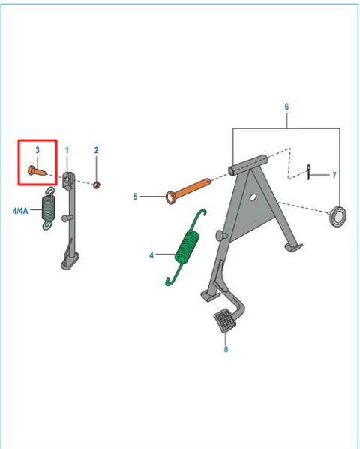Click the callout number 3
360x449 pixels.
coord(37,150)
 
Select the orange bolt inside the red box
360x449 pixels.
coord(37,171)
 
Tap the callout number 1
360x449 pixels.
coord(67,150)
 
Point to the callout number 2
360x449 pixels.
coord(96,150)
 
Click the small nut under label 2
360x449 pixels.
coord(97,185)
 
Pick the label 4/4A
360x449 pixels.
coord(20,211)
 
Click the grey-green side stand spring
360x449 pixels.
coord(49,208)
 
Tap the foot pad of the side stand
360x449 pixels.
coord(70,261)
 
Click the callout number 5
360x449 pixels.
coord(135,197)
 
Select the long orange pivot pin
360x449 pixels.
coord(188,191)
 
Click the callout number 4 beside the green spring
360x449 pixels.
coord(151,255)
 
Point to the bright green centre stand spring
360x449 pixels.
coord(186,247)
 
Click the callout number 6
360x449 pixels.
coord(286,107)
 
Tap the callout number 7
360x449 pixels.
coord(334,175)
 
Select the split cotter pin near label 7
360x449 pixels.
coord(309,172)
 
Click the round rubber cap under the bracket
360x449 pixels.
coord(338,216)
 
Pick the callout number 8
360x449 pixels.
coord(226,349)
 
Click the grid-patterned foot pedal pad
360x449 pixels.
coord(225,321)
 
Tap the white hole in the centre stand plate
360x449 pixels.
coord(253,197)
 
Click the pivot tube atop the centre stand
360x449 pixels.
coord(247,165)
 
